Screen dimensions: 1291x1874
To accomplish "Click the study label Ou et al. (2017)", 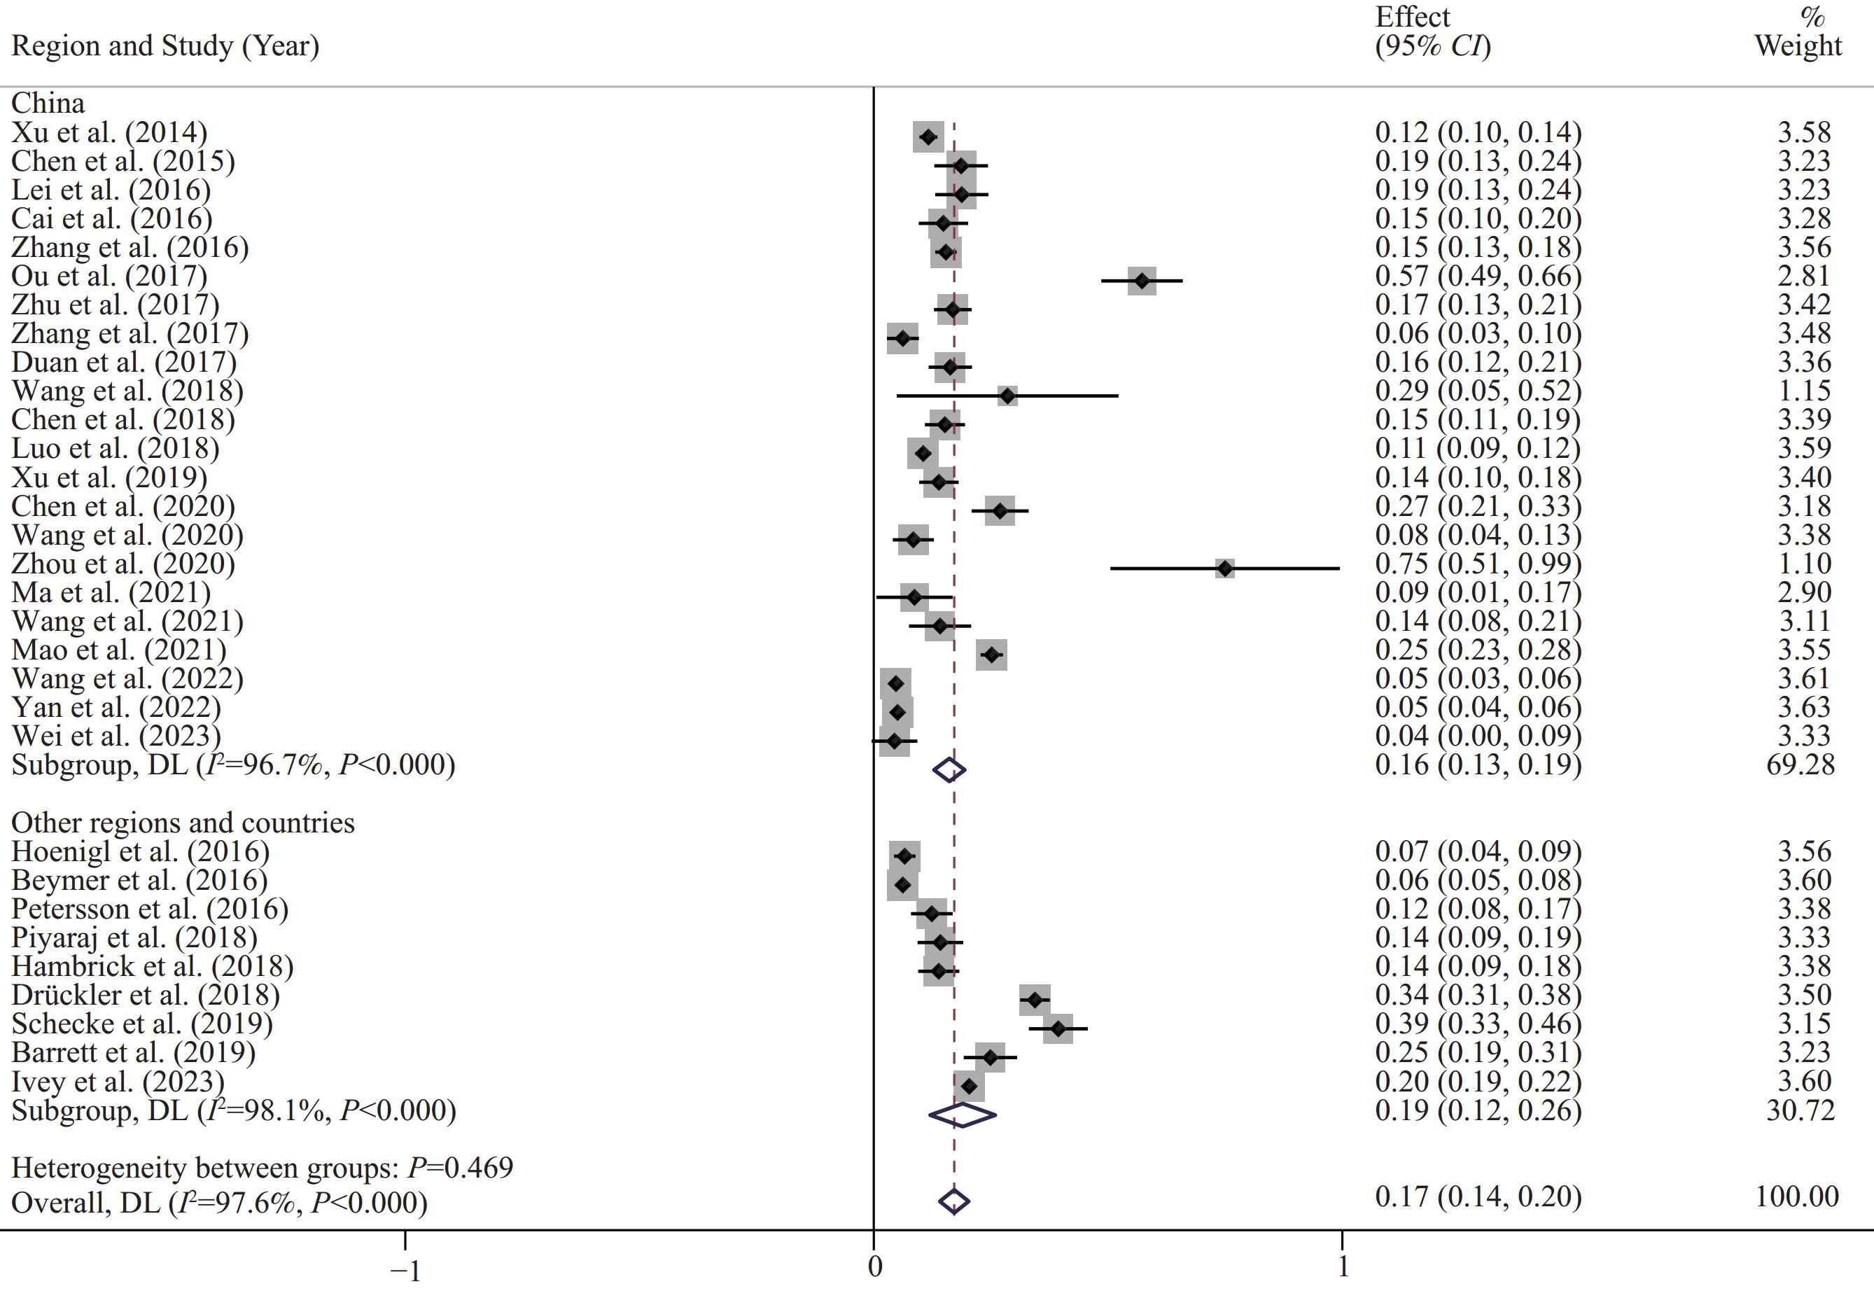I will coord(109,277).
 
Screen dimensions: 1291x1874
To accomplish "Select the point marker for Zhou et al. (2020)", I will coord(1224,568).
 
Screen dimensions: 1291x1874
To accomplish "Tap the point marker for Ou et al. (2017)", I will coord(1141,281).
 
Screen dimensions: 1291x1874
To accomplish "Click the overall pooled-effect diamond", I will coord(953,1201).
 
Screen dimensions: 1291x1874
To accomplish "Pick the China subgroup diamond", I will coord(949,769).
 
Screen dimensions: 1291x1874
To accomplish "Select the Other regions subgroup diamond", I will coord(962,1115).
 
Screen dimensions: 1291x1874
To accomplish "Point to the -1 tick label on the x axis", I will coord(405,1271).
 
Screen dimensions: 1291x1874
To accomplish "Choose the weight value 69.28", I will coord(1800,765).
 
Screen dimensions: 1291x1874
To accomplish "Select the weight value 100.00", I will coord(1797,1196).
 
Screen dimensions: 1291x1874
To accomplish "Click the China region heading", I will coord(48,104).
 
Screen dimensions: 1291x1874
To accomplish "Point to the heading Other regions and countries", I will coord(183,823).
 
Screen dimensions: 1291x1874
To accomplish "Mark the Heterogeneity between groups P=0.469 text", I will coord(262,1168).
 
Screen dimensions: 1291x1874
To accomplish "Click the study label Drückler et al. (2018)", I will coord(146,995).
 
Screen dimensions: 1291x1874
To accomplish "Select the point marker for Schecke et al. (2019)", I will coord(1058,1029).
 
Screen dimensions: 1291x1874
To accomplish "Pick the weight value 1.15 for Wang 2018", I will coord(1803,391).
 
